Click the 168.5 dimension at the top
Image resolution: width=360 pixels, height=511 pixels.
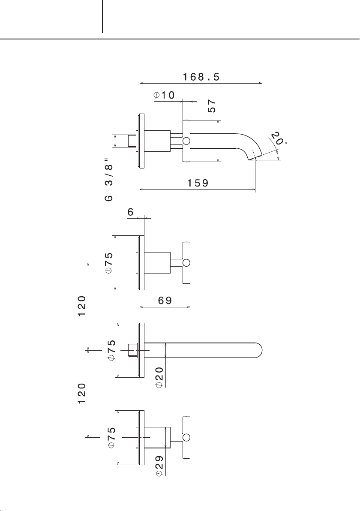click(201, 77)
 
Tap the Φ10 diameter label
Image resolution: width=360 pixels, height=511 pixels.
click(164, 95)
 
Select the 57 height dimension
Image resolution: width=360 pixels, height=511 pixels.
click(212, 106)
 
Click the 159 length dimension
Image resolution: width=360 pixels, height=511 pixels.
click(198, 183)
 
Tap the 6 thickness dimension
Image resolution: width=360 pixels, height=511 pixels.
click(130, 212)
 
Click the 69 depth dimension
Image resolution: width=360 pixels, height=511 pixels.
click(165, 300)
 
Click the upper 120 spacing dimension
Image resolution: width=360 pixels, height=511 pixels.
click(82, 305)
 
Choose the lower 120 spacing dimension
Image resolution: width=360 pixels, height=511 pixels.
click(82, 393)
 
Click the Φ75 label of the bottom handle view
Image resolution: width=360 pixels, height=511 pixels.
click(112, 437)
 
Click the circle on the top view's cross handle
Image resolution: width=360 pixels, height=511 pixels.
click(186, 141)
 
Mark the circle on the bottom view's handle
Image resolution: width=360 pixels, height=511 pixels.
click(186, 437)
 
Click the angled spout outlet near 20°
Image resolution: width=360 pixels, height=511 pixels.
click(255, 158)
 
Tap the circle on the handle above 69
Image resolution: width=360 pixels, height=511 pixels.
click(186, 263)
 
